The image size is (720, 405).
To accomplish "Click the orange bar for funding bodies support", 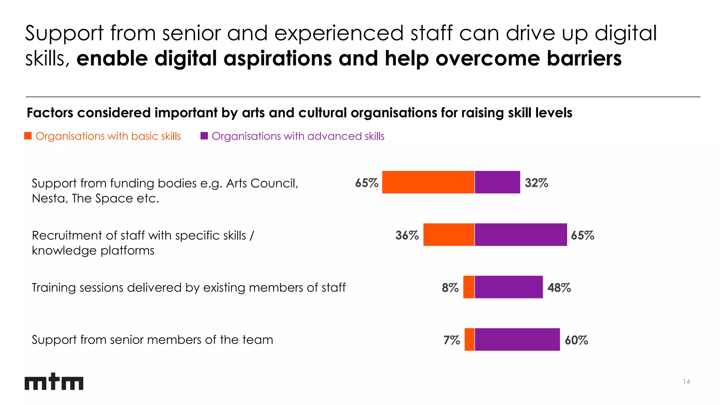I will pyautogui.click(x=428, y=182).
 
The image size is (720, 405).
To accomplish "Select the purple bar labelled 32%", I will pyautogui.click(x=497, y=182).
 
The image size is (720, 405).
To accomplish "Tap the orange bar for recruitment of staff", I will pyautogui.click(x=449, y=234).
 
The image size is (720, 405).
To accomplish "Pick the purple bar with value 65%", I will pyautogui.click(x=521, y=234).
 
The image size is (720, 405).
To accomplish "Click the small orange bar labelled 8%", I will pyautogui.click(x=469, y=287).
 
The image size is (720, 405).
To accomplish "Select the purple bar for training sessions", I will pyautogui.click(x=509, y=287).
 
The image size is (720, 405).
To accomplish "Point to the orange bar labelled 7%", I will pyautogui.click(x=469, y=339).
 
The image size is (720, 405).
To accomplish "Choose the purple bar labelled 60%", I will pyautogui.click(x=517, y=339).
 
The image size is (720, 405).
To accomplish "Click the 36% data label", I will pyautogui.click(x=407, y=235).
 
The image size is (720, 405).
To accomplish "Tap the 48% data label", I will pyautogui.click(x=559, y=288).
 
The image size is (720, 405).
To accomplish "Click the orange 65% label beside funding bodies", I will pyautogui.click(x=366, y=183).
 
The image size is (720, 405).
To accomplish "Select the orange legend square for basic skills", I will pyautogui.click(x=28, y=136).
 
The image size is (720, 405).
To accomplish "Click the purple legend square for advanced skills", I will pyautogui.click(x=204, y=136).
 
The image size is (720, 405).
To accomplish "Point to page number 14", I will pyautogui.click(x=686, y=381).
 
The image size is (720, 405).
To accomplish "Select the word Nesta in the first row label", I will pyautogui.click(x=48, y=199).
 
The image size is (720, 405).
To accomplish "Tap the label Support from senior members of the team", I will pyautogui.click(x=152, y=340).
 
